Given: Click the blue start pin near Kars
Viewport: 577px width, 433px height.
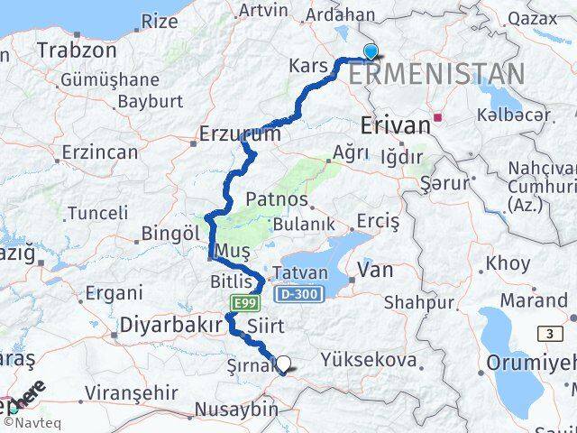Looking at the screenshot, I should pos(370,52).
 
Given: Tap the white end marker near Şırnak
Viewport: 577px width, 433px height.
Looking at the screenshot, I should pos(284,364).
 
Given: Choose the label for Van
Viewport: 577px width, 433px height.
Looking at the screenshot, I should pos(376,268).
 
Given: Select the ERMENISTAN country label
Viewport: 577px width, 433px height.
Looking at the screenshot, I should pos(435,74).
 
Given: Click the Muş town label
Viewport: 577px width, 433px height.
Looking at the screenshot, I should pos(228,249).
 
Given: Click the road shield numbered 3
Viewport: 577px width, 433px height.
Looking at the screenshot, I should pos(548,334).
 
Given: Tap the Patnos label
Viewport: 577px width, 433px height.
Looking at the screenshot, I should pos(278,199).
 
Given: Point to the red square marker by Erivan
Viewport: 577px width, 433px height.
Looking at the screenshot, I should pos(438,116).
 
